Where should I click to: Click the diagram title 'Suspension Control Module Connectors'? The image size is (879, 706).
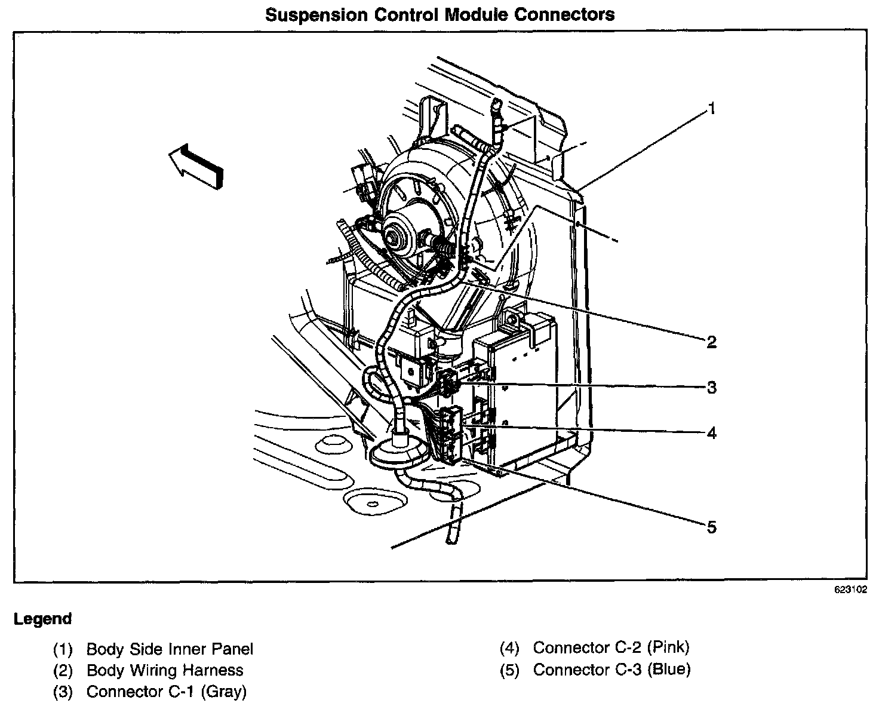tap(439, 14)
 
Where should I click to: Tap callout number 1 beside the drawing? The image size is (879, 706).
tap(711, 108)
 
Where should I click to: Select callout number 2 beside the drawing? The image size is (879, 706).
tap(711, 342)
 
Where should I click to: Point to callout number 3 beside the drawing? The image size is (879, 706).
tap(711, 388)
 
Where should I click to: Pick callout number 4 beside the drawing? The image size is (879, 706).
tap(711, 432)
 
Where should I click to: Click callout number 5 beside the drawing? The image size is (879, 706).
tap(711, 527)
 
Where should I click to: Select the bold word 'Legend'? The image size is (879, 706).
tap(42, 619)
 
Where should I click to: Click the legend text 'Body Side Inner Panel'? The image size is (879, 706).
tap(170, 649)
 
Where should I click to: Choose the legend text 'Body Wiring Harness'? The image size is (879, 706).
tap(165, 670)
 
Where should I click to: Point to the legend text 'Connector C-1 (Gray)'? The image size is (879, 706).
tap(166, 692)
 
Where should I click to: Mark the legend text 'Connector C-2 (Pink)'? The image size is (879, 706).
tap(611, 647)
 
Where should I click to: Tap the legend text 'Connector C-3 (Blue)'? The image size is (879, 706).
tap(611, 670)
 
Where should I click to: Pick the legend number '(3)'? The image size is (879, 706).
tap(63, 692)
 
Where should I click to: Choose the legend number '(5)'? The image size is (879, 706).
tap(509, 670)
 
